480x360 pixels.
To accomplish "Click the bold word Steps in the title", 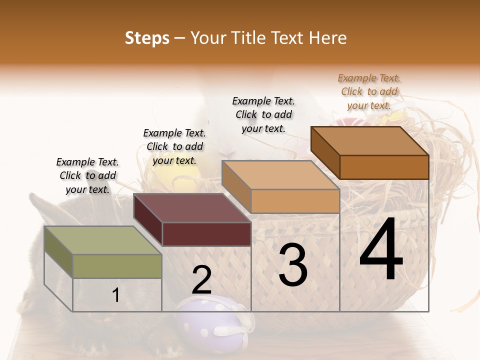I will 147,38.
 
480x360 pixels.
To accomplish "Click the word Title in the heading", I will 252,38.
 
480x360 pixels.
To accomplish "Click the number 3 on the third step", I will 293,265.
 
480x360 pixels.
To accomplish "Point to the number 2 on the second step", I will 202,280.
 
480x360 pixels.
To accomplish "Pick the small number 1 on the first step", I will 116,295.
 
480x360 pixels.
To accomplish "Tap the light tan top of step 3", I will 280,175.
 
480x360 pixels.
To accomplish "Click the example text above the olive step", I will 87,175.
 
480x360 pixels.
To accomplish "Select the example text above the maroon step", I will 174,146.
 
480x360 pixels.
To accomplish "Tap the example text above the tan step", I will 263,114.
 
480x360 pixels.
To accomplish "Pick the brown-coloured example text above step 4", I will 369,91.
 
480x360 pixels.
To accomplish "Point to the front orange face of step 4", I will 384,167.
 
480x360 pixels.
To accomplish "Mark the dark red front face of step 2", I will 206,234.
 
